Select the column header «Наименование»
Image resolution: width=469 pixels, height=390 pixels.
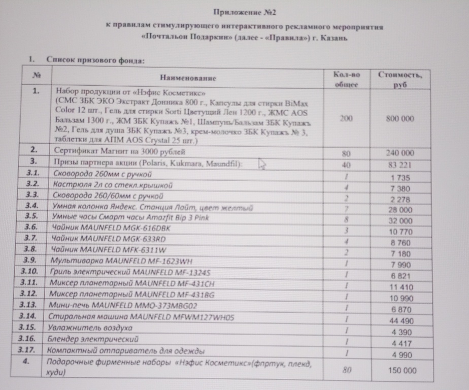pos(188,78)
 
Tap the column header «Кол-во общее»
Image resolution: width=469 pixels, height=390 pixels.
pos(347,79)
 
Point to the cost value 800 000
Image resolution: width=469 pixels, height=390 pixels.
pos(400,118)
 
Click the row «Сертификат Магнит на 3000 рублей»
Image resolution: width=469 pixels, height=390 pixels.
pos(120,151)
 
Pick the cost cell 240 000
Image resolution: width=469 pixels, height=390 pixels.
pos(400,153)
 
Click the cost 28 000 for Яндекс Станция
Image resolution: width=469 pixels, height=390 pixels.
pos(400,210)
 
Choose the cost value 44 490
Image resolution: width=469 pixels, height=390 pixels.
pos(401,321)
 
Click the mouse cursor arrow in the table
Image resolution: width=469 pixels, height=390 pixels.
pos(261,164)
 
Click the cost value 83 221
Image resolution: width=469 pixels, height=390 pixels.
pos(400,165)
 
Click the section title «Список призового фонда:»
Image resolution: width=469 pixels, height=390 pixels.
pos(95,59)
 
